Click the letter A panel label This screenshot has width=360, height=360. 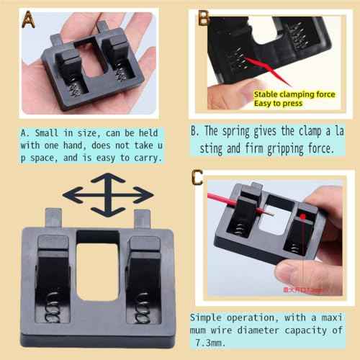click(27, 19)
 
